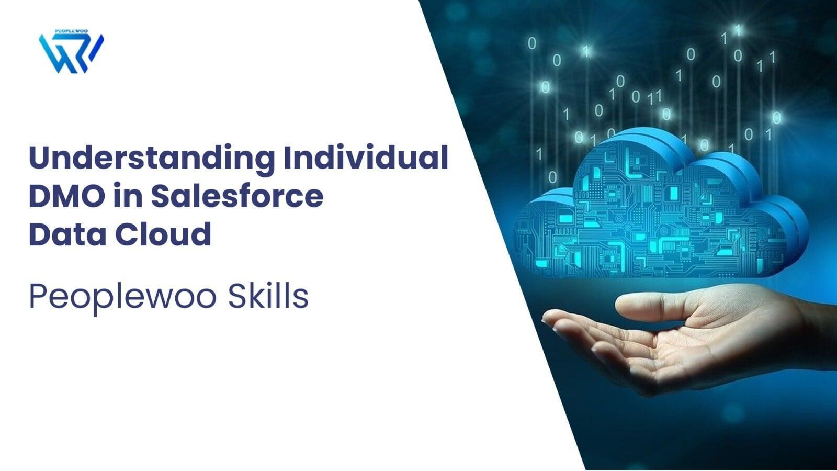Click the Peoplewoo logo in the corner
[71, 51]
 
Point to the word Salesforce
[237, 195]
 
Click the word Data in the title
[67, 233]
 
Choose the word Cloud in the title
[163, 233]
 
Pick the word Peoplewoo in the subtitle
[123, 298]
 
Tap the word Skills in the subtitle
[268, 296]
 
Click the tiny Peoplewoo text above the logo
[71, 31]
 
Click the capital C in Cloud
[126, 233]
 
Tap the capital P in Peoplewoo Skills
[37, 296]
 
